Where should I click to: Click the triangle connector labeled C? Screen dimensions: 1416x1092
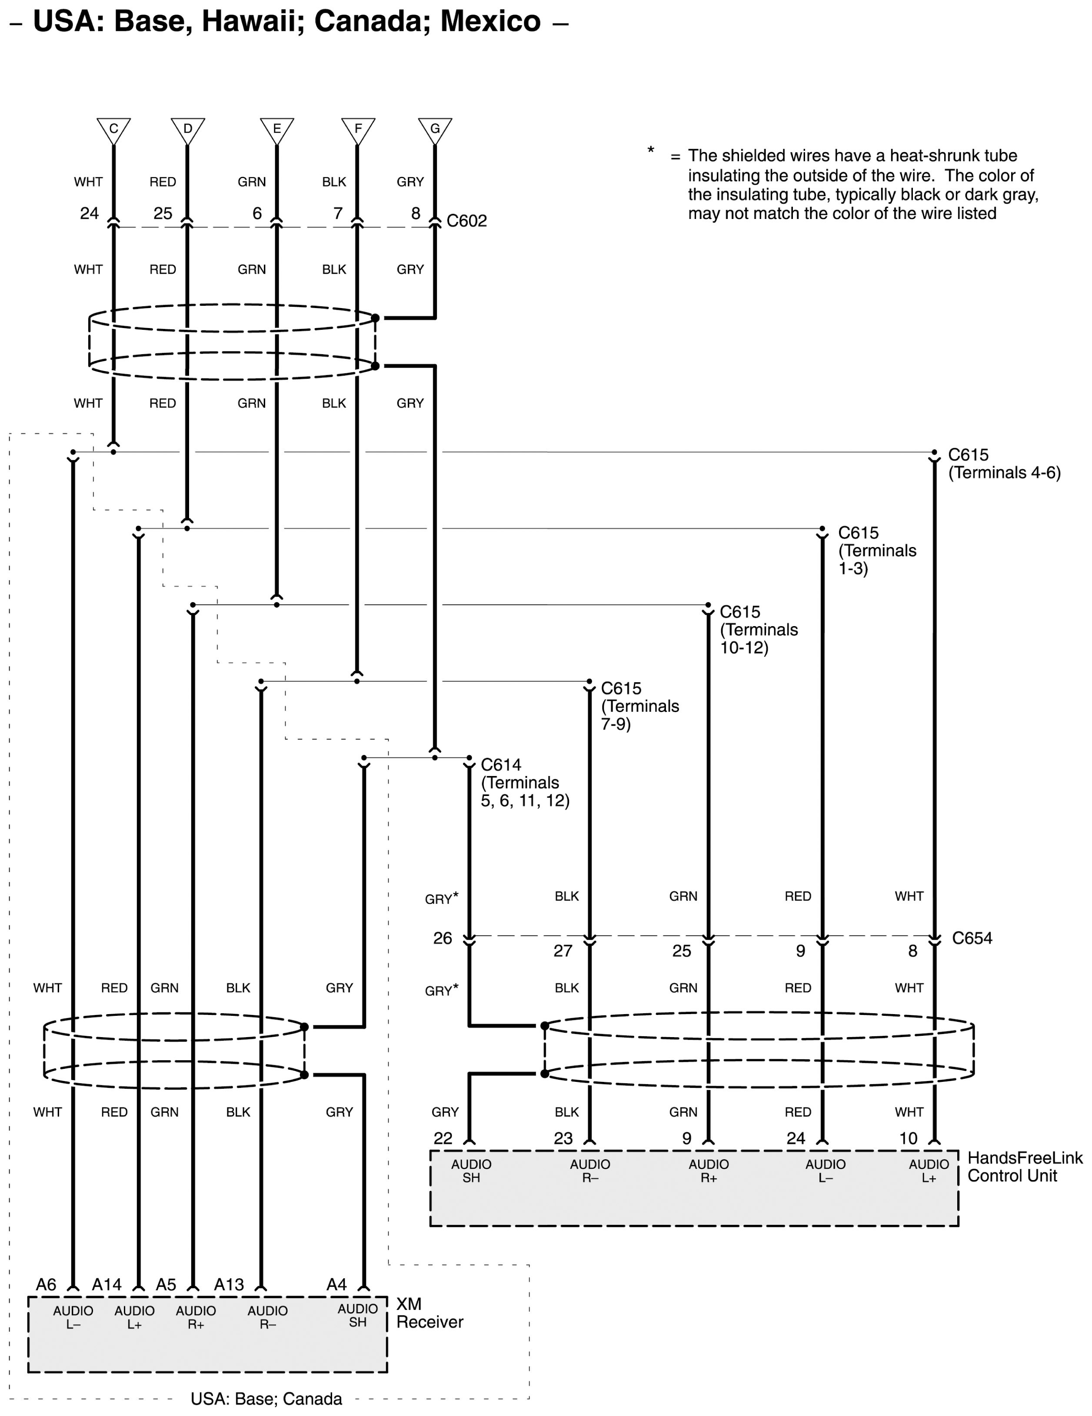point(113,129)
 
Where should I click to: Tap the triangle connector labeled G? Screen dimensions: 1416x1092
point(435,129)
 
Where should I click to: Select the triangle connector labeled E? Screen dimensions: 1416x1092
point(277,129)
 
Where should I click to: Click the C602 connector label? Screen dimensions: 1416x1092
point(466,221)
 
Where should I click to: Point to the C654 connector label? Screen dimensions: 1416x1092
point(971,938)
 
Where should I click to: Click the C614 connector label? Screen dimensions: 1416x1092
point(501,765)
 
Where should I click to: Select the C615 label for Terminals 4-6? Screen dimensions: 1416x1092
point(968,455)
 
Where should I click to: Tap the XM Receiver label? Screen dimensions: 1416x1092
point(429,1313)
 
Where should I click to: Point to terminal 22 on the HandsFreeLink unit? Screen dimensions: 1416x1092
point(443,1138)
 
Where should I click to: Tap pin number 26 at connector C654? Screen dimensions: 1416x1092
point(443,938)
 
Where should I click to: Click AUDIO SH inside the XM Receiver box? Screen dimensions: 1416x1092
point(357,1316)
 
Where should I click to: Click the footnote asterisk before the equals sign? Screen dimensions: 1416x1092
point(651,152)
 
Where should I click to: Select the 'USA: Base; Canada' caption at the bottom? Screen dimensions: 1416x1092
point(266,1399)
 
